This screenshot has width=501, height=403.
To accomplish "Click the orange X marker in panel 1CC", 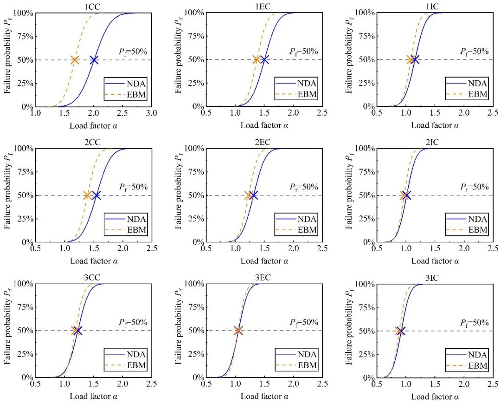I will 75,60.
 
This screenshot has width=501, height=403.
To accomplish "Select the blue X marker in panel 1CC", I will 94,60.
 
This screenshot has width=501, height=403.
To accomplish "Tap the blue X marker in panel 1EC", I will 264,59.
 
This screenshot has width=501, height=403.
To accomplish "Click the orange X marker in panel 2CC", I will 87,195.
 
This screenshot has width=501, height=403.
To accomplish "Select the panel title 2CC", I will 94,142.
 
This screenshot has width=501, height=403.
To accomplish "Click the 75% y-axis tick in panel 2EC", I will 197,172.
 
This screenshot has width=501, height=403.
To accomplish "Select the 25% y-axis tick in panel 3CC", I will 26,354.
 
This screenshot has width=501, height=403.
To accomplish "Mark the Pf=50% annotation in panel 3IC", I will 474,323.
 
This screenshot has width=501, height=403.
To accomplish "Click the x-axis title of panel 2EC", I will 264,261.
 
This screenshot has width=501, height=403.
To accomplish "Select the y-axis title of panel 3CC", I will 8,331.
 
